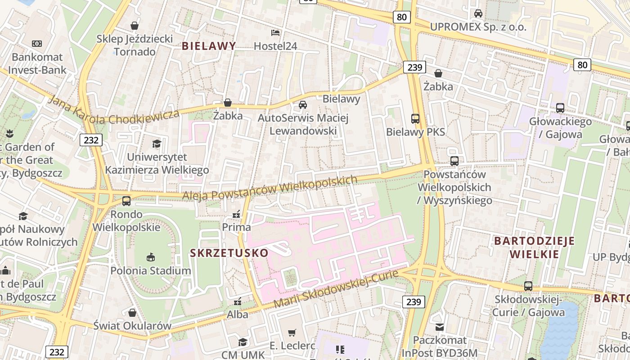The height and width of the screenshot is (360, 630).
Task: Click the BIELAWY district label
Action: tap(209, 46)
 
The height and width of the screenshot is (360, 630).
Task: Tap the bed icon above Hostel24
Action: tap(275, 33)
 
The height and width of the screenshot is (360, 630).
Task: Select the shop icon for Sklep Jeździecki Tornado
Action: tap(134, 26)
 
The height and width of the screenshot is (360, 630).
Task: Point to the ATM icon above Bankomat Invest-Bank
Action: tap(37, 44)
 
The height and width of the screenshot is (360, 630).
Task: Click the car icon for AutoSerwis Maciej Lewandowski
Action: tap(303, 105)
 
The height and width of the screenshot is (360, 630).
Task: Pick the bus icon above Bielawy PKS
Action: tap(415, 119)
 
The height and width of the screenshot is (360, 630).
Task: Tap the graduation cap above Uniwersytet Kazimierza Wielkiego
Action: tap(157, 144)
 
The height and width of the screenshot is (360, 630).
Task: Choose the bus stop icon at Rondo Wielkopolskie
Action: tap(126, 201)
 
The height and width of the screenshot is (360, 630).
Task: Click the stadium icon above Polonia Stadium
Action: tap(151, 257)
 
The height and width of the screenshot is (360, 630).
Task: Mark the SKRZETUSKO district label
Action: tap(229, 253)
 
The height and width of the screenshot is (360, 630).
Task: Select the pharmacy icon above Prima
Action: tap(236, 214)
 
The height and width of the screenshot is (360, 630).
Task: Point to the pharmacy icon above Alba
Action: tap(238, 301)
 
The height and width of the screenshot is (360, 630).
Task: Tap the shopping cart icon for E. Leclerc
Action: tap(292, 333)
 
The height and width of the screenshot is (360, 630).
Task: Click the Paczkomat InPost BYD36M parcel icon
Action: tap(440, 327)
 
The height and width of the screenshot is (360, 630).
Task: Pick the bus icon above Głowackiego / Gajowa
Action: tap(560, 108)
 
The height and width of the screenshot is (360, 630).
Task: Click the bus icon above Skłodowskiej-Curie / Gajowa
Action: tap(528, 286)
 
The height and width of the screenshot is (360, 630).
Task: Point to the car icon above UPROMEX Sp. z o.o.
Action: tap(478, 13)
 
